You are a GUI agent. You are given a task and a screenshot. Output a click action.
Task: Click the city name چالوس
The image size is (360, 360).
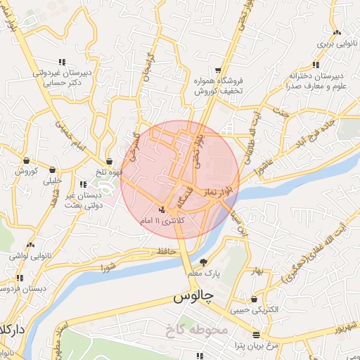click(x=193, y=297)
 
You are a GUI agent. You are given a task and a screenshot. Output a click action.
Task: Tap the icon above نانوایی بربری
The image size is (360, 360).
click(x=337, y=32)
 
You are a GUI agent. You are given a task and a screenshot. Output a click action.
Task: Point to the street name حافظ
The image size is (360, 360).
click(x=166, y=250)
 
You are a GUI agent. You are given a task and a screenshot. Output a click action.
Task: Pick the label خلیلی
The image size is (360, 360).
click(x=53, y=180)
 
